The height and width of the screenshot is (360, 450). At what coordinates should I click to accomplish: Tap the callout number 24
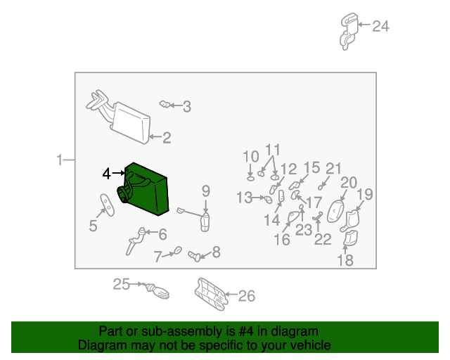tap(380, 27)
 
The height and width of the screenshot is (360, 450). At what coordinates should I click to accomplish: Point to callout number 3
tap(186, 107)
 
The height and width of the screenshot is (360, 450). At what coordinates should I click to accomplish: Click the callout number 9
tap(206, 190)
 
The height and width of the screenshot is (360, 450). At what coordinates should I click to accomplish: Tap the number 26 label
tap(246, 296)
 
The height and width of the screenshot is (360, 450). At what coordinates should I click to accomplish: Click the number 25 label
tap(122, 285)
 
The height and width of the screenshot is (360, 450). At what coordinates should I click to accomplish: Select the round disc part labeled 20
tap(337, 211)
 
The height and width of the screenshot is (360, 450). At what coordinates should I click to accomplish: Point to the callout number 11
tap(273, 150)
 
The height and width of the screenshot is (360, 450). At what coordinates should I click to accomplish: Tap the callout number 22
tap(323, 240)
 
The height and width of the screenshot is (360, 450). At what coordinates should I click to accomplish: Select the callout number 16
tap(281, 240)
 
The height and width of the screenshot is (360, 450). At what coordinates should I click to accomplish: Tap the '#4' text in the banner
tap(257, 331)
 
